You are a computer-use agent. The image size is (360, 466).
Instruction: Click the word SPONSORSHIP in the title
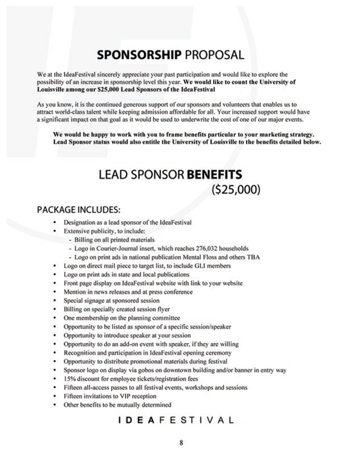click(x=139, y=55)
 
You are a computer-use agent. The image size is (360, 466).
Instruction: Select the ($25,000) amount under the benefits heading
click(x=235, y=189)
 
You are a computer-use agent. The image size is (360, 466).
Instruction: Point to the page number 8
click(x=181, y=442)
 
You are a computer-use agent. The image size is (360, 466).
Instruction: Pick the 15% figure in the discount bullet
click(x=70, y=379)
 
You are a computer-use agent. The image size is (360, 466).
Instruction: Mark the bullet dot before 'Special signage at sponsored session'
click(x=54, y=301)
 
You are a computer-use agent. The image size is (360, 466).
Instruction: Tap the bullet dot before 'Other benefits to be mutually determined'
click(x=54, y=405)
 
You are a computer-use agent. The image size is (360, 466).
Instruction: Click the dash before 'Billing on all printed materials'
click(x=69, y=240)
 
